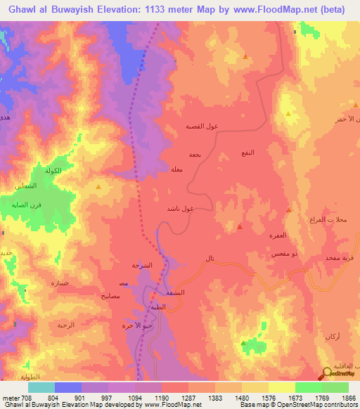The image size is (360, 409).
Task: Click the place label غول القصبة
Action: tap(200, 126)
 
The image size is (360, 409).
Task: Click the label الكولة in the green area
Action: tap(53, 171)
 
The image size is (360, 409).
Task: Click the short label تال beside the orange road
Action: tap(209, 259)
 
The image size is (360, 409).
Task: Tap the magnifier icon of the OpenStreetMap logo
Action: tap(327, 374)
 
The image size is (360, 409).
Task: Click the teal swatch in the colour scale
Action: tap(41, 387)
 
